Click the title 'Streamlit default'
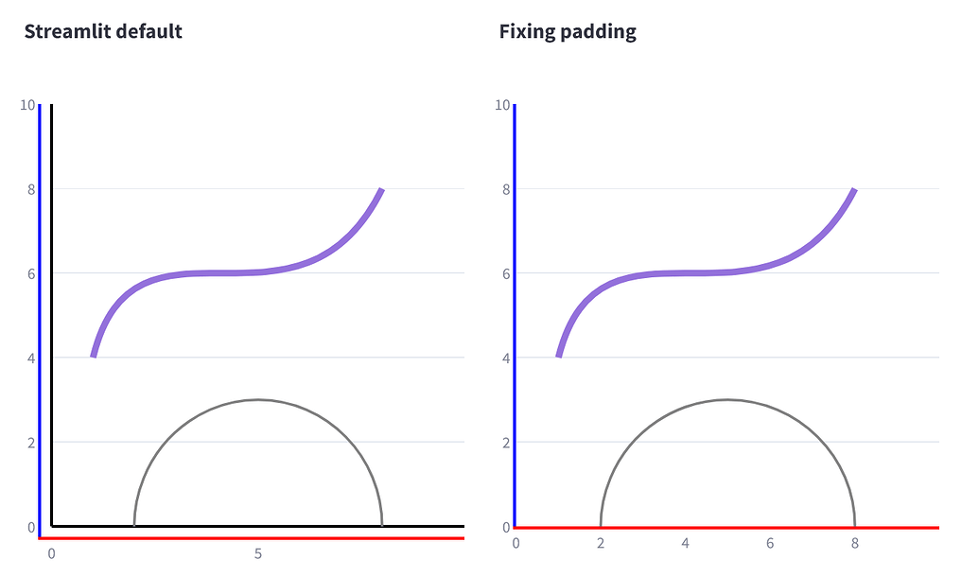coord(103,31)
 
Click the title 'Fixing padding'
coord(568,31)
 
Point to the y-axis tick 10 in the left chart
coord(27,105)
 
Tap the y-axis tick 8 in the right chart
coord(506,189)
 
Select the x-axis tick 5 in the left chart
coord(257,553)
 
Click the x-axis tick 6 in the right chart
coord(770,543)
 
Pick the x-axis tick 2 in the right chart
coord(601,543)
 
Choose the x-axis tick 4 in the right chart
coord(685,543)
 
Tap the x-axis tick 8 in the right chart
coord(854,543)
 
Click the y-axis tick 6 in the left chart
coord(31,273)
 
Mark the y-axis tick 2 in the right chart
coord(506,442)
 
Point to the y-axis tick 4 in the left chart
coord(31,358)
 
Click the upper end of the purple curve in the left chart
coord(381,190)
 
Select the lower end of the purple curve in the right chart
coord(559,356)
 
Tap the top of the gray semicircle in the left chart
coord(258,399)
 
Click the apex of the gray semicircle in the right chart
coord(727,399)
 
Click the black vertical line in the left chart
coord(51,312)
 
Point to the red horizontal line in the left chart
coord(251,538)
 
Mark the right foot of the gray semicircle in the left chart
coord(382,523)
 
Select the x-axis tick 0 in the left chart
coord(51,553)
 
